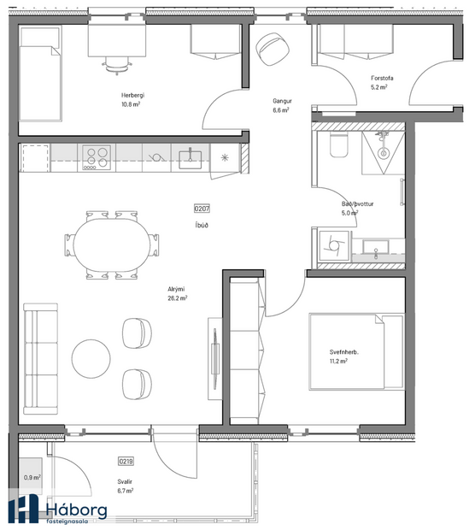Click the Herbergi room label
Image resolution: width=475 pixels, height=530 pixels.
click(132, 96)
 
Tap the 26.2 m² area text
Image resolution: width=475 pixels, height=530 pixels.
click(178, 299)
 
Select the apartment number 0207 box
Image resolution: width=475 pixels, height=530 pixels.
click(202, 208)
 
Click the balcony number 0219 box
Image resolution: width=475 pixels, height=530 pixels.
click(126, 460)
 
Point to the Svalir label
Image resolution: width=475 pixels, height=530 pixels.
click(126, 482)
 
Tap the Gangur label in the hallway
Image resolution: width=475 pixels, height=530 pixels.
click(282, 100)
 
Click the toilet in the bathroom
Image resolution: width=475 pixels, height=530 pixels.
click(337, 146)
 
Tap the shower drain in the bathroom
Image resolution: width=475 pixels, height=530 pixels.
click(384, 153)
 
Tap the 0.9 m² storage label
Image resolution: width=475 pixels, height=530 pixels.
click(32, 478)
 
